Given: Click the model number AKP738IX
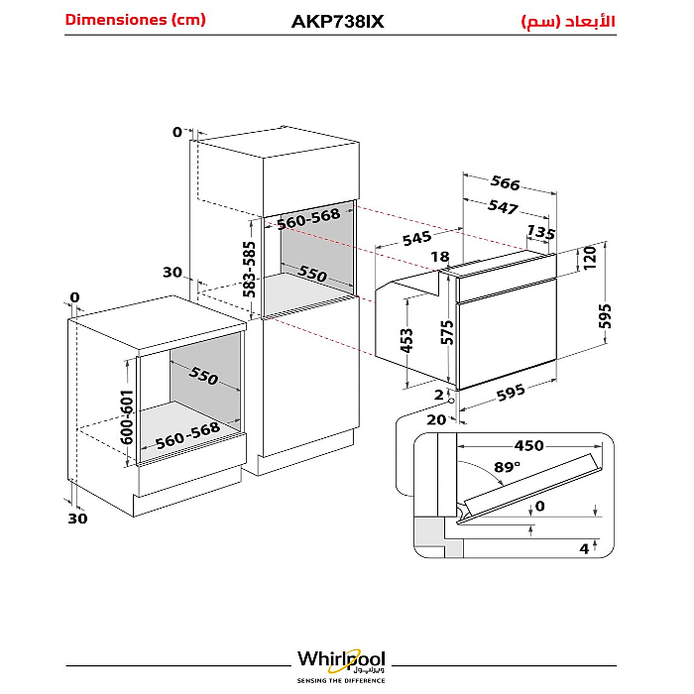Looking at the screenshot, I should point(337,21).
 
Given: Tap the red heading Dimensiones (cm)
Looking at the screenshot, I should point(135,20).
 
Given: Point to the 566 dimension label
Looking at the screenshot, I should point(505,183).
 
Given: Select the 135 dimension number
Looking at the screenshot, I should point(540,232).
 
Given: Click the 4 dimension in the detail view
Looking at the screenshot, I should point(585,548).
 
